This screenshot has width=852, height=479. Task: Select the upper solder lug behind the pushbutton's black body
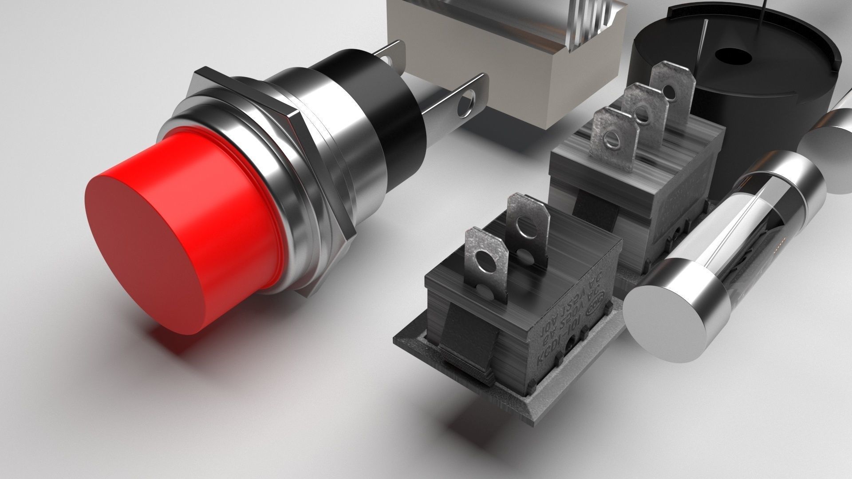(393, 55)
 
